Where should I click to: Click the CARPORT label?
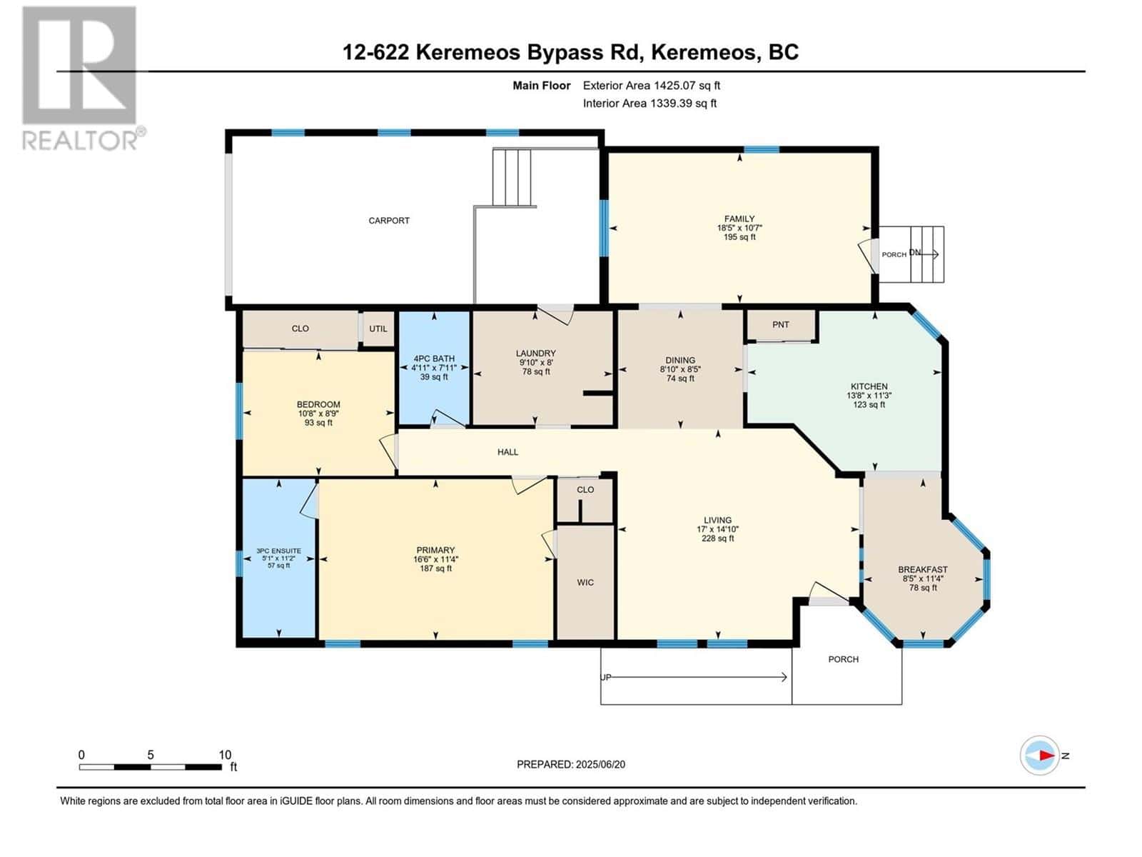pos(389,221)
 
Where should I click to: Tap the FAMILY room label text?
pos(739,219)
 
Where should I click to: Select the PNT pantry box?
pos(781,325)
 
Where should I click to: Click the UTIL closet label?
pos(378,329)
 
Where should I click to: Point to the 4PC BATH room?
pos(434,367)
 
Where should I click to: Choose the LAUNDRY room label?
pos(535,354)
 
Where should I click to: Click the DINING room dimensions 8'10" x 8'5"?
pos(680,370)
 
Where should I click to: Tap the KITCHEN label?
pos(869,386)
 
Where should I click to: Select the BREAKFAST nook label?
pos(923,570)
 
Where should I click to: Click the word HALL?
pos(507,452)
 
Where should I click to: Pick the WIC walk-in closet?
pos(585,583)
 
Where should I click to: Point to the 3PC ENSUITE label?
pos(278,551)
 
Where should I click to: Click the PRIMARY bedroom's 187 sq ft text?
pos(435,569)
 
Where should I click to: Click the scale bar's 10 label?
pos(225,755)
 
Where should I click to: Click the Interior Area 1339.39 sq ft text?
pos(650,104)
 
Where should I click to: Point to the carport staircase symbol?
pos(512,178)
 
